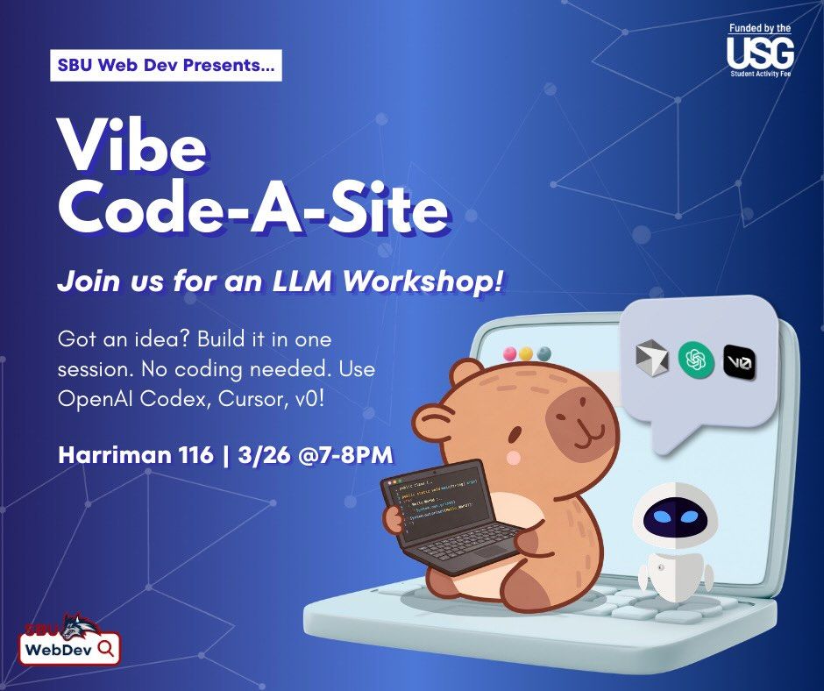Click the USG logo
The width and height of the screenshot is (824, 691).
click(x=760, y=53)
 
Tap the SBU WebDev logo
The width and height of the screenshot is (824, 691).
click(x=69, y=640)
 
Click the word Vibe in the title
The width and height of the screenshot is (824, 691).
click(x=131, y=148)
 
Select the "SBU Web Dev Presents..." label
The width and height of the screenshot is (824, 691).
click(x=166, y=66)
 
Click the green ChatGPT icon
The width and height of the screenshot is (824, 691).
click(x=696, y=359)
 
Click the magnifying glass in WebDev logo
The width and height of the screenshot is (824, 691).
click(x=106, y=648)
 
